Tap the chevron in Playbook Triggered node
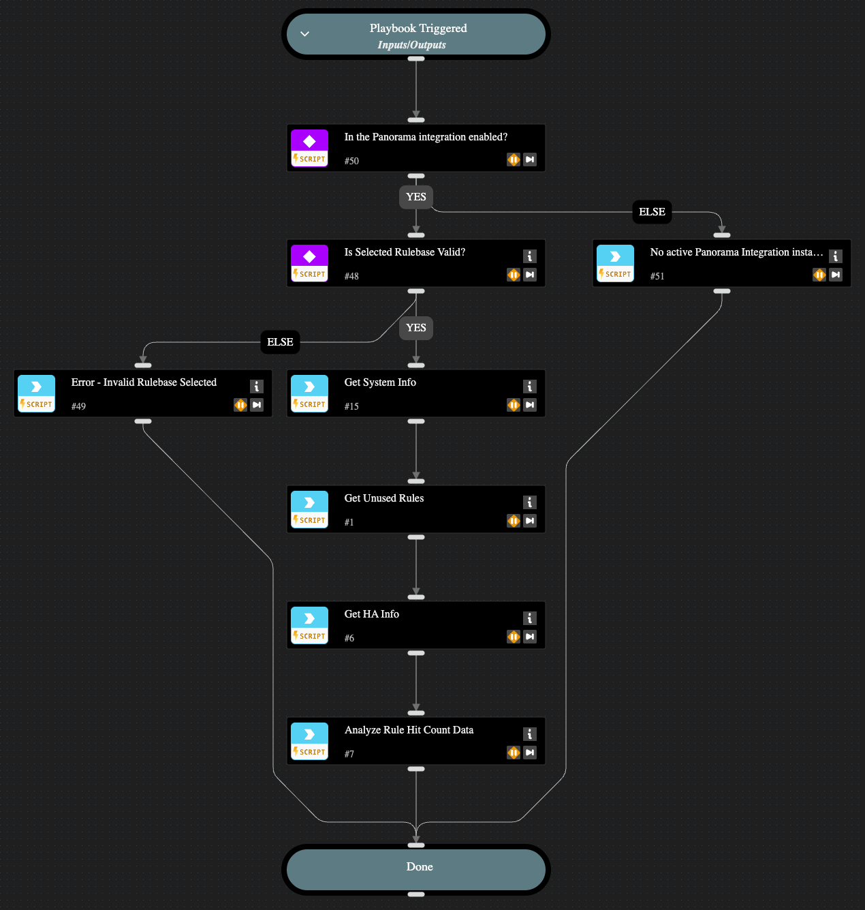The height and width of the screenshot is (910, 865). pos(305,34)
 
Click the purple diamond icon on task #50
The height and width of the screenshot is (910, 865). pos(309,141)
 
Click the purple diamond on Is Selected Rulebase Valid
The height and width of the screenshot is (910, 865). pos(309,256)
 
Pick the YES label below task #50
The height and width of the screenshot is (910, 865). pos(416,197)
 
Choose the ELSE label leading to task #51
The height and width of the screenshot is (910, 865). pos(652,212)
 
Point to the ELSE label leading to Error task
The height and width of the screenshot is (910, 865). pos(280,342)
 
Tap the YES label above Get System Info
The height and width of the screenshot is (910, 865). pos(416,328)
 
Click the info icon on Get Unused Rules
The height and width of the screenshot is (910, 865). pos(530,502)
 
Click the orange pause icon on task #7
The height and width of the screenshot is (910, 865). pos(514,753)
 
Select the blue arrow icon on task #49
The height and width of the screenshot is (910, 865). pos(36,386)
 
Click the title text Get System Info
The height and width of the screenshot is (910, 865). pos(380,382)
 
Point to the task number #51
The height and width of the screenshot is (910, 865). pos(657,276)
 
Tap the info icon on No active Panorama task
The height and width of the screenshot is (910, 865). pos(836,256)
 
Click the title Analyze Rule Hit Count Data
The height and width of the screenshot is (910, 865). pos(409,730)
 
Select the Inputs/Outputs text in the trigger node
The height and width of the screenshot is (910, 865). pos(412,45)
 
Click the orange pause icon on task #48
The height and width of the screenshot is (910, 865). pos(514,275)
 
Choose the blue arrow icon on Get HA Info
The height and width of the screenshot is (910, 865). pos(309,618)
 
